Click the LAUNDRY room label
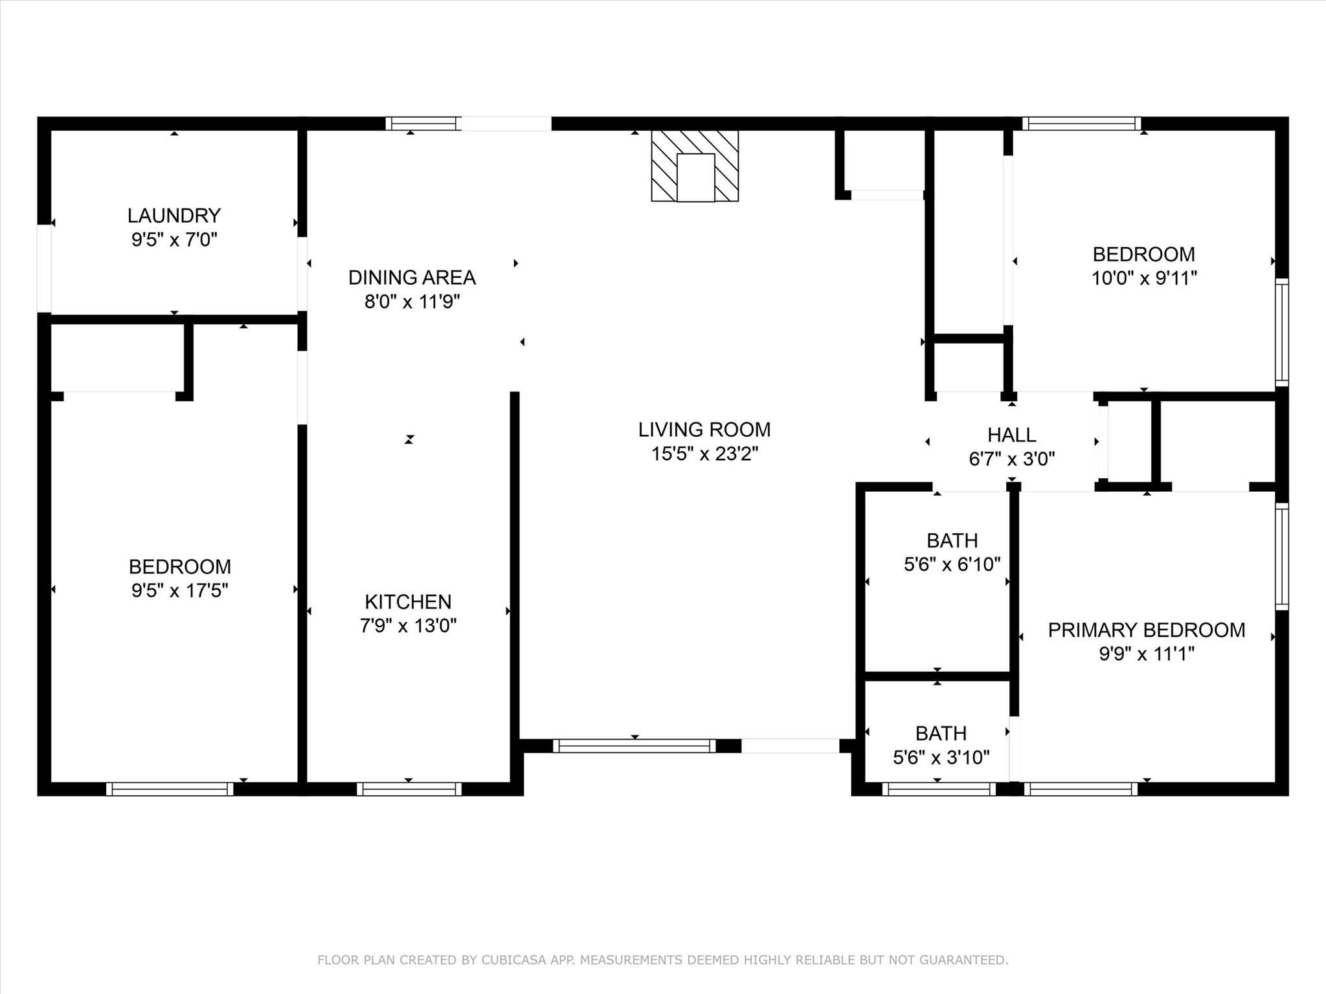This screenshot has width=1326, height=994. (x=174, y=215)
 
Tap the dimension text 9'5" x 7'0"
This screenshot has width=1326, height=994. (x=174, y=240)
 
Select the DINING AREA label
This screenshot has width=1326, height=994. (x=412, y=278)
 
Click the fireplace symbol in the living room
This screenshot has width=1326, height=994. (x=695, y=166)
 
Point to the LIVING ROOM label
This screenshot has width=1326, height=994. (x=704, y=430)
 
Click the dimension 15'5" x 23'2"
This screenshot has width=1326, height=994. (x=704, y=454)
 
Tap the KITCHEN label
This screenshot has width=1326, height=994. (x=408, y=602)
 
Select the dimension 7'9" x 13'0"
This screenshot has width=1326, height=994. (x=408, y=626)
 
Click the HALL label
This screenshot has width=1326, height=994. (x=1011, y=435)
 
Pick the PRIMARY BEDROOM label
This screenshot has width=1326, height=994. (x=1146, y=630)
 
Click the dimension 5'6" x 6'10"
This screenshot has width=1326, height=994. (x=952, y=565)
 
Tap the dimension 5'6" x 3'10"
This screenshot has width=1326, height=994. (x=941, y=758)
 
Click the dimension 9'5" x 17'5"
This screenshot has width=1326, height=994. (x=179, y=591)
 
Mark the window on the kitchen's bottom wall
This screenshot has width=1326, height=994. (x=409, y=789)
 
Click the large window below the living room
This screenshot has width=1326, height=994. (x=635, y=745)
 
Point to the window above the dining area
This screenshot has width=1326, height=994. (x=423, y=124)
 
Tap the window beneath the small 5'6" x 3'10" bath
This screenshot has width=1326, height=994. (x=938, y=789)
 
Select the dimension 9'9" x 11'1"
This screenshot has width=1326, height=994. (x=1146, y=654)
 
